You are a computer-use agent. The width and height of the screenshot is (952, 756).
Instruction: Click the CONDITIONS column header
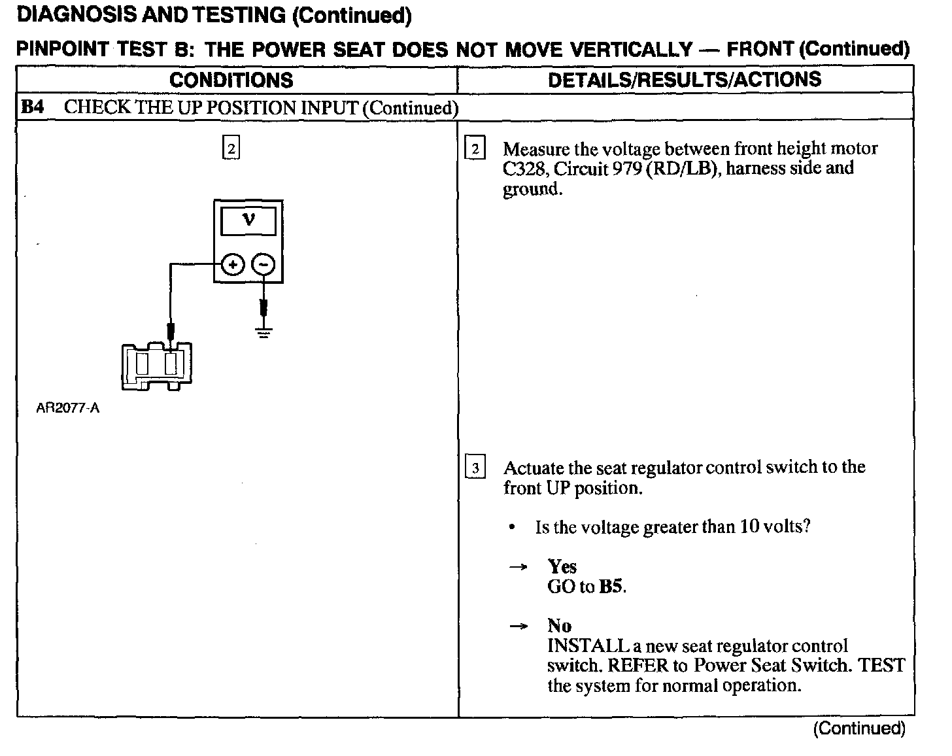pos(231,80)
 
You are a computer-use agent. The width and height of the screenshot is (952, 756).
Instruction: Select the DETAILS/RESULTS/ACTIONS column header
pos(684,80)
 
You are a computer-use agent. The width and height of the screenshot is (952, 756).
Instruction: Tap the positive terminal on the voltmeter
pos(233,265)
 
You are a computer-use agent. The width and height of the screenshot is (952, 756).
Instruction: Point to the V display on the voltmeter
pos(248,221)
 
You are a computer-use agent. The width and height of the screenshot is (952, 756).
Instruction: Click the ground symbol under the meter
pos(263,333)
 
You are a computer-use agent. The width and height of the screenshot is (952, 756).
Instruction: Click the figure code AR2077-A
pos(68,409)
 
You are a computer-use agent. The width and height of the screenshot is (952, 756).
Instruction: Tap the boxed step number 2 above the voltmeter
pos(231,148)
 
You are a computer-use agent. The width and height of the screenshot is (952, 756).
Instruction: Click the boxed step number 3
pos(475,468)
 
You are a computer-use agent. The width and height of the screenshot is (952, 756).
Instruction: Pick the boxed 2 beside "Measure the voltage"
pos(475,149)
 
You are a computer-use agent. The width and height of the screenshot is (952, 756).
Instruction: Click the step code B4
pos(33,107)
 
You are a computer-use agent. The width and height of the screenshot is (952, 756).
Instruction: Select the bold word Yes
pos(562,566)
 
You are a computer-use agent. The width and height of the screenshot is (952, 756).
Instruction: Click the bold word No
pos(559,626)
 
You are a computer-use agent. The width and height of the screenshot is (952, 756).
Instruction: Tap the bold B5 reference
pos(611,587)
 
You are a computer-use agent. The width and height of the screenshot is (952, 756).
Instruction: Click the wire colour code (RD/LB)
pos(684,169)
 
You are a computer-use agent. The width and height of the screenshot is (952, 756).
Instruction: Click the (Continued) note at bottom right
pos(858,729)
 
